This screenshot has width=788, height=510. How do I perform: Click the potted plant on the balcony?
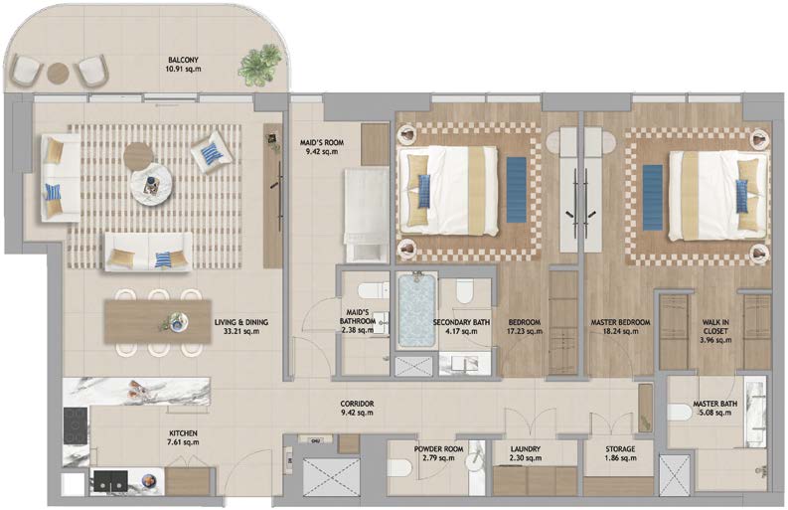[259, 65]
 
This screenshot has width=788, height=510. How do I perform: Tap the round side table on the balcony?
[58, 74]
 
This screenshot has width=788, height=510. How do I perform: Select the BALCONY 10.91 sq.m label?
[184, 65]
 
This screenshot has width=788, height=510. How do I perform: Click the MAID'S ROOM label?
[322, 146]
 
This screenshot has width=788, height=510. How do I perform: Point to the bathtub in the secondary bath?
[416, 310]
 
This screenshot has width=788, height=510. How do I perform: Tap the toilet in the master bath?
[680, 413]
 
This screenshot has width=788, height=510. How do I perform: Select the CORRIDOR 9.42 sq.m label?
[357, 408]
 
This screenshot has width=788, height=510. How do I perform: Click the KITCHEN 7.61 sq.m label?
[184, 437]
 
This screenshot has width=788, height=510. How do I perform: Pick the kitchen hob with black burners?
[76, 425]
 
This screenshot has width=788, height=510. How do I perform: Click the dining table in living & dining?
[158, 322]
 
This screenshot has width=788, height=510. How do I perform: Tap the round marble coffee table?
[151, 184]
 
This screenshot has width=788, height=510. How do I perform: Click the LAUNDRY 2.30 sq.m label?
[525, 453]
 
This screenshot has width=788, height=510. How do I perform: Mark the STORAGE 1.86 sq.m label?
[620, 453]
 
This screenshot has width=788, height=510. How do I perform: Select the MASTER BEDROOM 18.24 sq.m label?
[620, 326]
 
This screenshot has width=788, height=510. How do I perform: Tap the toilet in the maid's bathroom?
[374, 290]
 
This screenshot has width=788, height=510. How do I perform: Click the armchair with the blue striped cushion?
[212, 152]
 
